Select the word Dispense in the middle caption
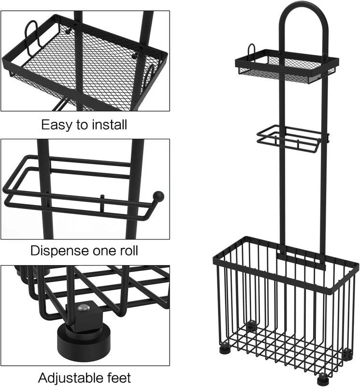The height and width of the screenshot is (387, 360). (59, 251)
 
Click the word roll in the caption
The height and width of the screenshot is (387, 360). (129, 251)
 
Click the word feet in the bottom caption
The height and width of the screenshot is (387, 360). (119, 378)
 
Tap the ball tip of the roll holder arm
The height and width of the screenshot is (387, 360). (158, 196)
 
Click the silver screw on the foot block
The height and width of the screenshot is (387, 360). (81, 308)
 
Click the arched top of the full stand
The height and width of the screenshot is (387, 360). (304, 10)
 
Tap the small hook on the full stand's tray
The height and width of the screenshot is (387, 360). (251, 48)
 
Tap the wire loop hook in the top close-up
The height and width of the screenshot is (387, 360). (31, 37)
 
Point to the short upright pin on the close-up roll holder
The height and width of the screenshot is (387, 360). (102, 202)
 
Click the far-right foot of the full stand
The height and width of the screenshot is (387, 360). (347, 354)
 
